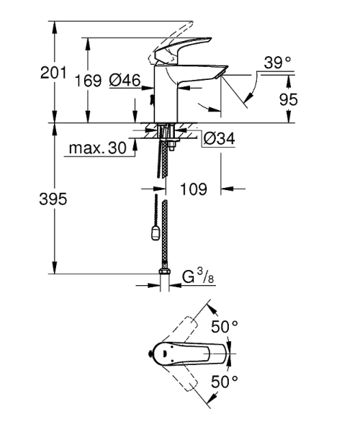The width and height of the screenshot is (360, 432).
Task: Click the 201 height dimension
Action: pyautogui.click(x=54, y=73)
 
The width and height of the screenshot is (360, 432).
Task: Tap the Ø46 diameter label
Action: pyautogui.click(x=125, y=82)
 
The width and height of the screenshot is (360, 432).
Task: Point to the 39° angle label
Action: pyautogui.click(x=278, y=63)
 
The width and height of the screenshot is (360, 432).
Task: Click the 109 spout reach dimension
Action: pyautogui.click(x=193, y=189)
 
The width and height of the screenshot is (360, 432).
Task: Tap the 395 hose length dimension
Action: pyautogui.click(x=54, y=199)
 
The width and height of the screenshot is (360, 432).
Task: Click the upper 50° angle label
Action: pyautogui.click(x=225, y=327)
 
